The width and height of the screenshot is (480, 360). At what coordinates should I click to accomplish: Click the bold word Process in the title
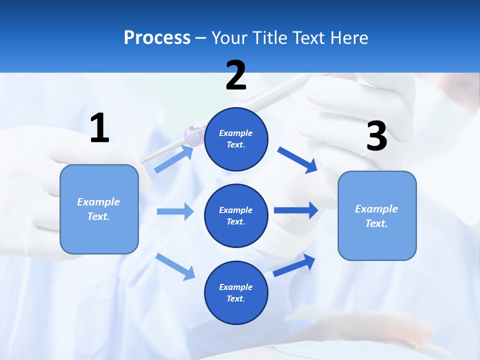coord(157,37)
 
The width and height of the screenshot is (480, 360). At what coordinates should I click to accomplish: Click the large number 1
coord(99,128)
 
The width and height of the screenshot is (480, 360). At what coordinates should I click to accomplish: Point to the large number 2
coord(236,75)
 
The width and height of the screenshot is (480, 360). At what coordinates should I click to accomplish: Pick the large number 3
coord(376,137)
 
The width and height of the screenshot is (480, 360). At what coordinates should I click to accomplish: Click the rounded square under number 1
coord(99,209)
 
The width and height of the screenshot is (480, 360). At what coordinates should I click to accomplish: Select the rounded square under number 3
coord(377,216)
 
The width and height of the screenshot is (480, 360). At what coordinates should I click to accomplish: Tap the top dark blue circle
coord(236,139)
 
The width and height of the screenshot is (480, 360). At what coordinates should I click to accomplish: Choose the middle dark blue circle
coord(236,216)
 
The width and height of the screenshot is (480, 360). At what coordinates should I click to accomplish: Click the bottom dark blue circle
coord(236,293)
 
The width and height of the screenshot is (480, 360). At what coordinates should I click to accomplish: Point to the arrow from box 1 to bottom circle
coord(175,266)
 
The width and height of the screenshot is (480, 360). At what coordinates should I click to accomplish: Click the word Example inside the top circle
coord(236,133)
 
